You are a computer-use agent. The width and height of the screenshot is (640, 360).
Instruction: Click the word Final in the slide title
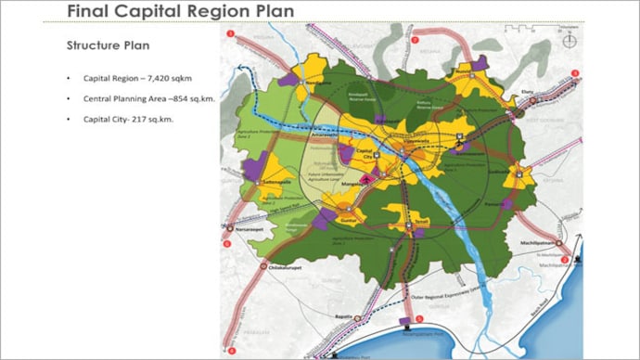(x=90, y=11)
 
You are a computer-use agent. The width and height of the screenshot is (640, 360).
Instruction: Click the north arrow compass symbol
(x=573, y=39)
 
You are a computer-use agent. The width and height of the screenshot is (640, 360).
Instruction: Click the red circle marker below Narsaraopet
(x=229, y=243)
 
